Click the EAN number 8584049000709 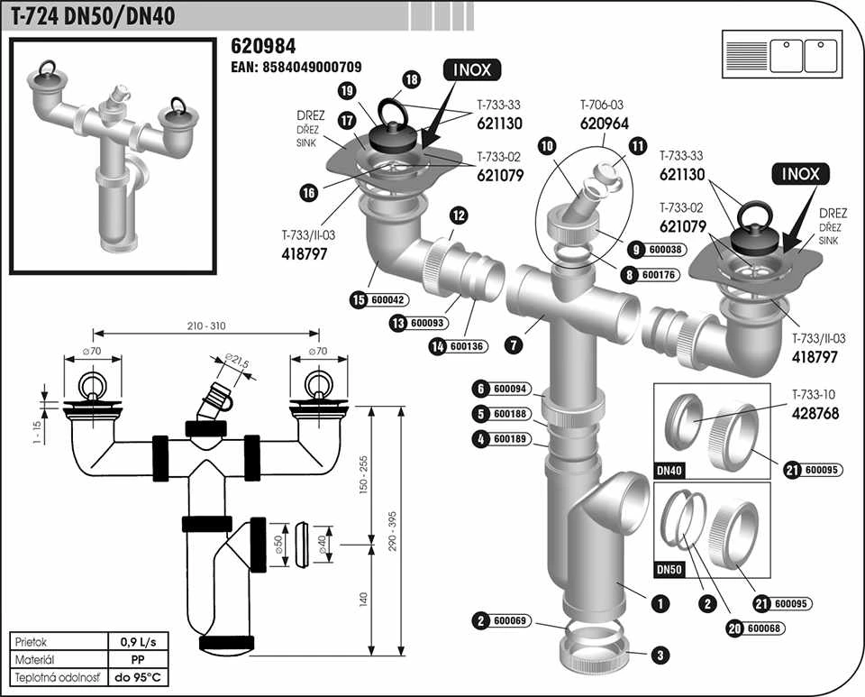tap(297, 67)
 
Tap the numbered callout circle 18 tap(412, 80)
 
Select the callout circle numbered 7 tap(512, 344)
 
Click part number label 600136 tap(466, 345)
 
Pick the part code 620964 tap(604, 124)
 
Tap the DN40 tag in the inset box tap(669, 470)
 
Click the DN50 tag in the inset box tap(669, 569)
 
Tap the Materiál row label tap(36, 660)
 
